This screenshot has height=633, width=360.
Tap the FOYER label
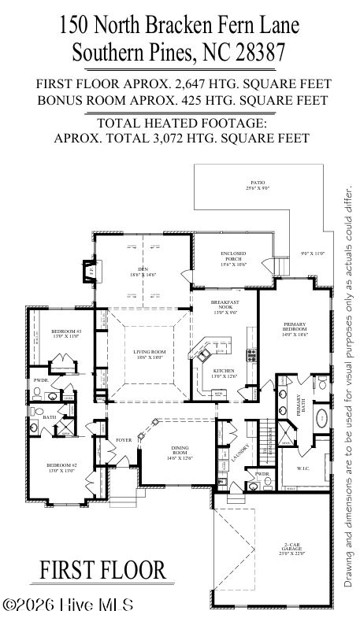pos(124,439)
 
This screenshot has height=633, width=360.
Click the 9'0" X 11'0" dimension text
pos(312,254)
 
